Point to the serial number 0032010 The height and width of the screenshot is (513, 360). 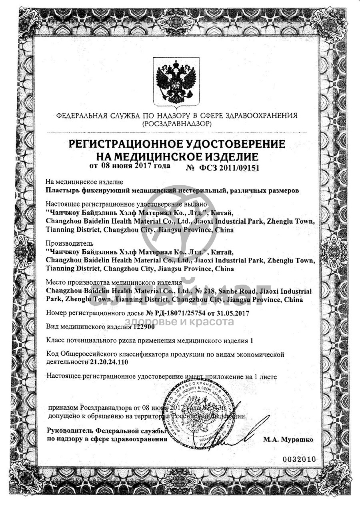click(299, 459)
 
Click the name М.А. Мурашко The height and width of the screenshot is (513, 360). click(288, 439)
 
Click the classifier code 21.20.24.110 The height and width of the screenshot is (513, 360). click(109, 362)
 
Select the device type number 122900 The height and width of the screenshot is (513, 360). click(143, 327)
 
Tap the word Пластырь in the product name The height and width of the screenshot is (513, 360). click(62, 190)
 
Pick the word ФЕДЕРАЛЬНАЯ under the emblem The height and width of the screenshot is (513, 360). click(82, 116)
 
